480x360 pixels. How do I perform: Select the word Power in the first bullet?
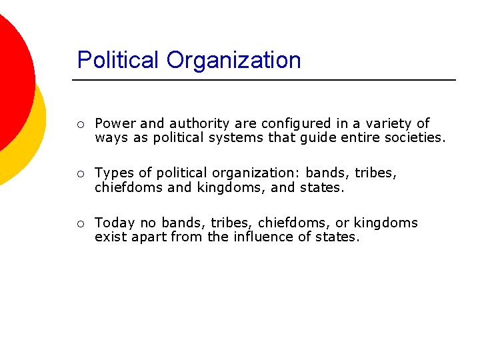coord(115,123)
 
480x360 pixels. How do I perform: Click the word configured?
coord(295,123)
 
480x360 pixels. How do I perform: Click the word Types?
coord(115,173)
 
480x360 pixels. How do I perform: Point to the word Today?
coord(115,223)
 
